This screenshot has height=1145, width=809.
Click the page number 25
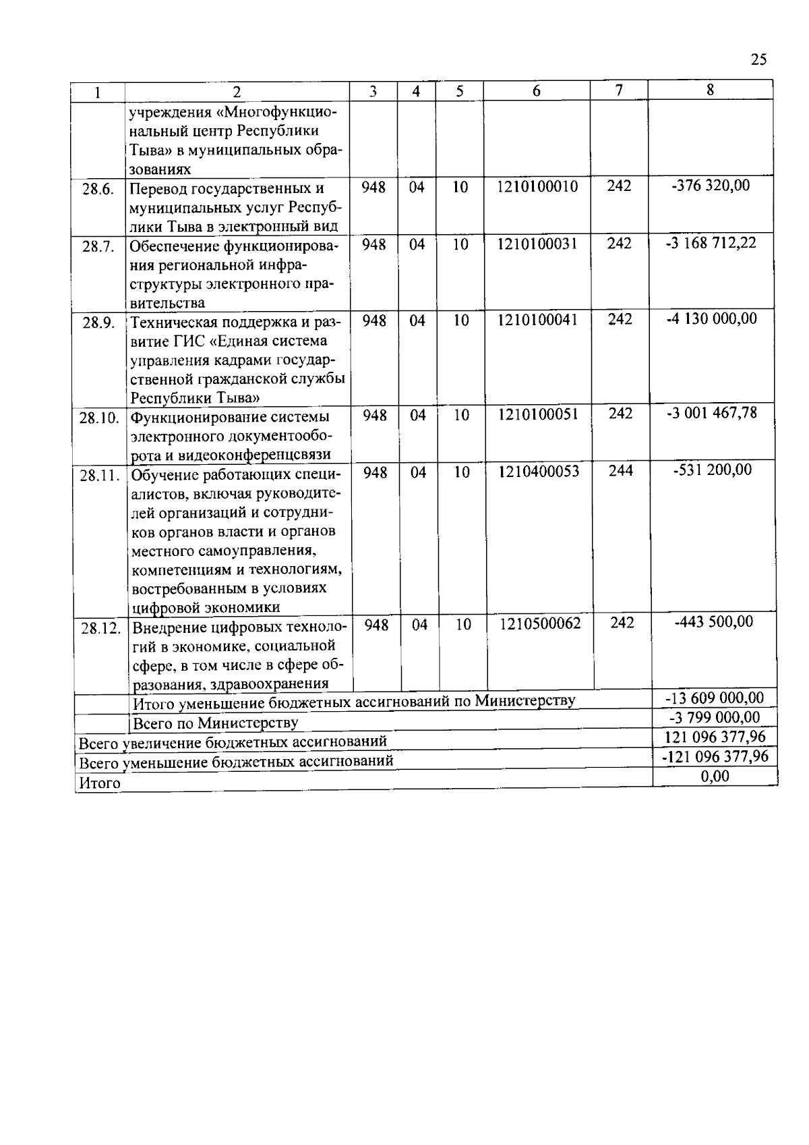click(758, 60)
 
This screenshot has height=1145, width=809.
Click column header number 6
click(536, 92)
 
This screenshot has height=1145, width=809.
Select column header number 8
click(710, 90)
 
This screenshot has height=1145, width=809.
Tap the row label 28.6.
click(98, 190)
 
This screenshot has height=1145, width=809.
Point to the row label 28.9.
click(98, 323)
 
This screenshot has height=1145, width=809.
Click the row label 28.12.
click(100, 629)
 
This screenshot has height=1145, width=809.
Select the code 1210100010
click(537, 187)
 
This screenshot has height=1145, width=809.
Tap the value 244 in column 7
click(620, 470)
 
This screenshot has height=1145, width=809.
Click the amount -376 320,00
click(711, 186)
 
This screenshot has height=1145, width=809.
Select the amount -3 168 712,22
click(711, 242)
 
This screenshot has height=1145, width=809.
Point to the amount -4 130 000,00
click(711, 318)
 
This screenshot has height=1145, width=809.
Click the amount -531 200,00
click(713, 470)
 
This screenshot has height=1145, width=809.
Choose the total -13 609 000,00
click(714, 698)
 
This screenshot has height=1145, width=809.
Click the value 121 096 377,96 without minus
click(715, 737)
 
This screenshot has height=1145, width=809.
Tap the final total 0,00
click(715, 777)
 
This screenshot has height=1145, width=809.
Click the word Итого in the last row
click(100, 783)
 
